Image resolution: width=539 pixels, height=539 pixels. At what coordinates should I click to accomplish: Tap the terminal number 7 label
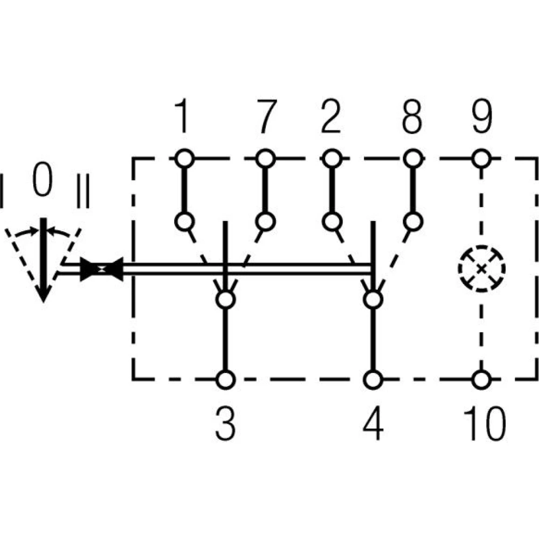[264, 117]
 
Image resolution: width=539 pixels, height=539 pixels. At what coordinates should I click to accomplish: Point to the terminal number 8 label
[412, 117]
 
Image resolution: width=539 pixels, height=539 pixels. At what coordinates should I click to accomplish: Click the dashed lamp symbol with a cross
[481, 268]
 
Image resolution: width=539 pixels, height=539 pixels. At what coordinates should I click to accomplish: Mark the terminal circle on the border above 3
[225, 379]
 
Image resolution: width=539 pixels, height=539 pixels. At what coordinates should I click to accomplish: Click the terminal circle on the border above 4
[372, 379]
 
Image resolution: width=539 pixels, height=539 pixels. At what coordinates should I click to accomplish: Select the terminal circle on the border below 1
[184, 159]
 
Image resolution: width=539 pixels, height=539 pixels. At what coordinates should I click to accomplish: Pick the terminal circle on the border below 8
[412, 159]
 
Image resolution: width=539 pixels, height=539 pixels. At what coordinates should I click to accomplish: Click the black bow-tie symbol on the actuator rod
[101, 268]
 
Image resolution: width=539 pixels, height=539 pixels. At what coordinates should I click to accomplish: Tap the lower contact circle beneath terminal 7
[265, 222]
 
